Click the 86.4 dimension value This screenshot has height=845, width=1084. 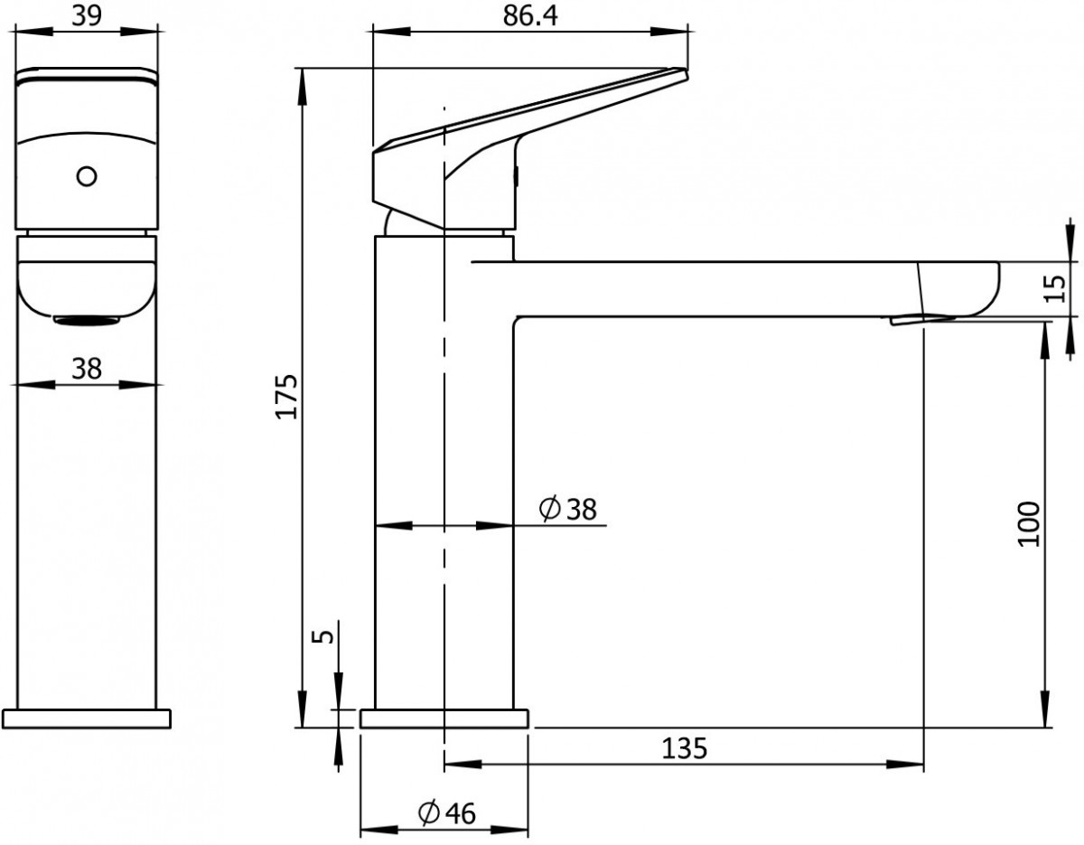[529, 16]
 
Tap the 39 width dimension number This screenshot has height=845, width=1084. [87, 16]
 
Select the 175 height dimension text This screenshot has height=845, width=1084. [287, 396]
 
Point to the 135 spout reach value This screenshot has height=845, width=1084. [685, 748]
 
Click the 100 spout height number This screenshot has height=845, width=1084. [1029, 524]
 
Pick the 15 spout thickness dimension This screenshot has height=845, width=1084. [1054, 288]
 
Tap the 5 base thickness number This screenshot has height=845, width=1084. [325, 636]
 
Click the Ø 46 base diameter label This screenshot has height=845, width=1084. [447, 813]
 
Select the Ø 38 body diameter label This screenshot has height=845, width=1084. [567, 510]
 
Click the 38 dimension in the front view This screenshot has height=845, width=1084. [87, 369]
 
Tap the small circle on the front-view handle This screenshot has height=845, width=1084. [87, 177]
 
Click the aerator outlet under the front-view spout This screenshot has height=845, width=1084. [87, 320]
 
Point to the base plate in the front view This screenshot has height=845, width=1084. [87, 718]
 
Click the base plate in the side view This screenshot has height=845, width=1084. [444, 718]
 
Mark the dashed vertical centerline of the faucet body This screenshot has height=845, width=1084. [444, 439]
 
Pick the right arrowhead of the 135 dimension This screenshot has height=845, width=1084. [904, 765]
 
